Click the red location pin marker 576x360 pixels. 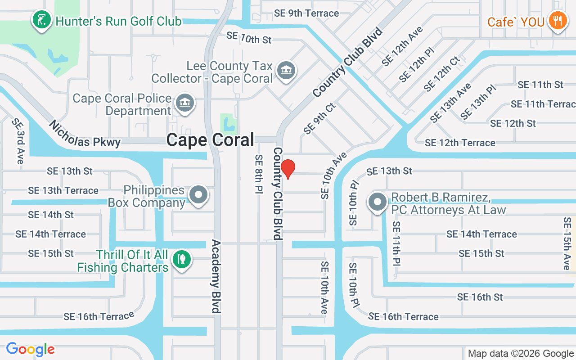click(x=288, y=169)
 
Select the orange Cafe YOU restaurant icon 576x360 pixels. click(x=558, y=21)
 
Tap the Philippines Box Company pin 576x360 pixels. click(x=198, y=196)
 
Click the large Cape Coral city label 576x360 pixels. click(x=210, y=140)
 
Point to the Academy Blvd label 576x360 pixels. click(x=216, y=276)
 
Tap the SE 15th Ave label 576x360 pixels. click(x=567, y=243)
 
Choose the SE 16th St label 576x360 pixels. click(x=480, y=297)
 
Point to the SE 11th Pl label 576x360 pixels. click(x=396, y=243)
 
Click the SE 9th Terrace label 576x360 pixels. click(x=306, y=13)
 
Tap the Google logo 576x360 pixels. click(x=30, y=349)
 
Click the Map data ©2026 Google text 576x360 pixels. click(x=521, y=354)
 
